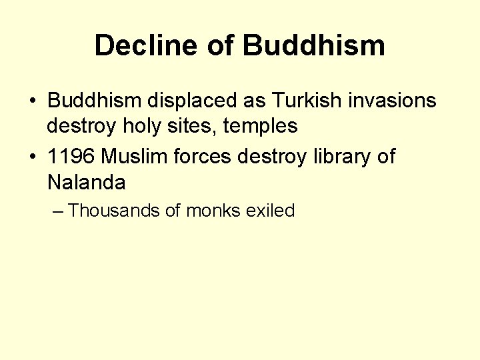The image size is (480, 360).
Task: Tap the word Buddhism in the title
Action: point(314,45)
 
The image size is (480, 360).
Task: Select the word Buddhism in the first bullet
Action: point(94,101)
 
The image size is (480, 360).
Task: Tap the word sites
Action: point(194,125)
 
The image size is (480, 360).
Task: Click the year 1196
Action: point(71,157)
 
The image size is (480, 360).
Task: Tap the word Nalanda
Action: point(86,181)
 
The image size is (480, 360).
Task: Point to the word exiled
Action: point(270,211)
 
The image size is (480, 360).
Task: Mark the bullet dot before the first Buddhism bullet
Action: point(32,102)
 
